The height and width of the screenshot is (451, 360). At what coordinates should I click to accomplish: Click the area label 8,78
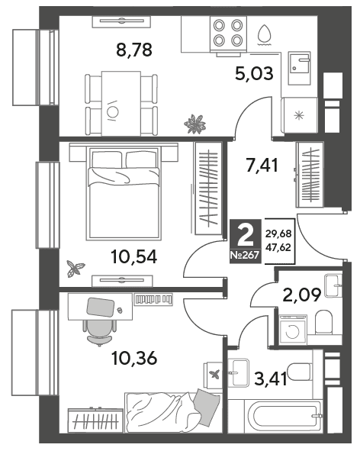134,50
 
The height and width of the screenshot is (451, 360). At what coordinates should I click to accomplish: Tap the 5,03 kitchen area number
254,73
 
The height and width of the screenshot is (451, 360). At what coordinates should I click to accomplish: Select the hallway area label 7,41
262,165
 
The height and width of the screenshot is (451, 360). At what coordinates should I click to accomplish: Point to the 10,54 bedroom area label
134,256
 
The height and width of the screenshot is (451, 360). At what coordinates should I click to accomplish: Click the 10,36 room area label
134,358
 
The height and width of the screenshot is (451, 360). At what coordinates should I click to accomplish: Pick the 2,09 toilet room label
301,295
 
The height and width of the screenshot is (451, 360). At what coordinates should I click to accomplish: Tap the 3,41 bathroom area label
271,379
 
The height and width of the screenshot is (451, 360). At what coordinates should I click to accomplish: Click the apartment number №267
246,255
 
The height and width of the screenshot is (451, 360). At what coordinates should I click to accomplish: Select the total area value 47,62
278,247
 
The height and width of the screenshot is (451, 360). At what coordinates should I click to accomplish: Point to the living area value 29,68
278,234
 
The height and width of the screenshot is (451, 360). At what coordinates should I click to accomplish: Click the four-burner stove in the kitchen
228,33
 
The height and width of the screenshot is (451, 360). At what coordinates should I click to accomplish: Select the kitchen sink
299,68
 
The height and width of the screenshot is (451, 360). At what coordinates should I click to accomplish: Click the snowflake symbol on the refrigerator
299,116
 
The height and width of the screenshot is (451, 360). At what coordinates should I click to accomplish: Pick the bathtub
284,416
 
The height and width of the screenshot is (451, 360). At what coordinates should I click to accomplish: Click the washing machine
293,330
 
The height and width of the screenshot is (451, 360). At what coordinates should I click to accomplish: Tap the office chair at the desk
100,330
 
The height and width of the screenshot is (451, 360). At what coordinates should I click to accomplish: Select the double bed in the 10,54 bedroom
124,193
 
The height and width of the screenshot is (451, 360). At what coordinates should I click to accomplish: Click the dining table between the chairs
121,104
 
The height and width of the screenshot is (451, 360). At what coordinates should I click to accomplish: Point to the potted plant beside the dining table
195,124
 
